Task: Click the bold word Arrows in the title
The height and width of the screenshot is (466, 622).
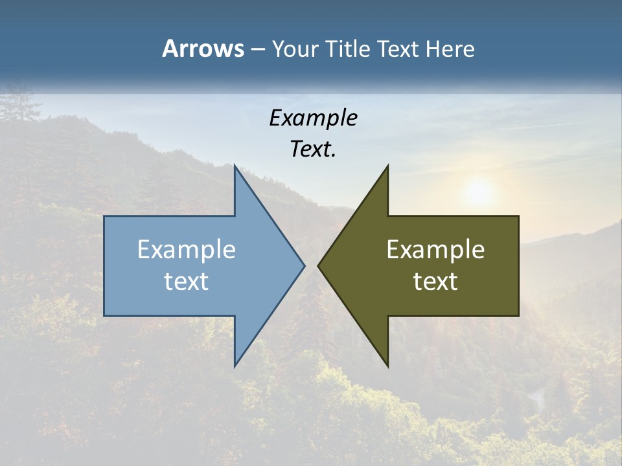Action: click(203, 49)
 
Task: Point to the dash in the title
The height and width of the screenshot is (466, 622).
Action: click(258, 50)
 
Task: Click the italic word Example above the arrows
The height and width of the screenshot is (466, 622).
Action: click(313, 118)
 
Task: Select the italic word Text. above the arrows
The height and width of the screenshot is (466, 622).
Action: click(313, 149)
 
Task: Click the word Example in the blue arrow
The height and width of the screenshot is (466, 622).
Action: click(187, 249)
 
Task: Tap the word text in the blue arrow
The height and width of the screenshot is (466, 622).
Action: click(187, 281)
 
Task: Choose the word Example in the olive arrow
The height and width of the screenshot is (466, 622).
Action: click(435, 249)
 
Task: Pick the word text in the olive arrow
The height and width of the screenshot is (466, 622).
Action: click(435, 281)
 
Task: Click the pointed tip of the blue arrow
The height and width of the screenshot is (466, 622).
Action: click(304, 265)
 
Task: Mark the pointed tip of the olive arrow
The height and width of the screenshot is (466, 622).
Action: click(319, 265)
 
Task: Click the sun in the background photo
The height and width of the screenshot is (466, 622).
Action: click(478, 192)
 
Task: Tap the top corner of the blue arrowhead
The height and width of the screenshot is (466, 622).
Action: click(235, 166)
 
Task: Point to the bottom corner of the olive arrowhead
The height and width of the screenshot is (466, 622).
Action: click(387, 366)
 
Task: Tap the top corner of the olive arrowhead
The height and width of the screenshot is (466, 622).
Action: click(387, 166)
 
